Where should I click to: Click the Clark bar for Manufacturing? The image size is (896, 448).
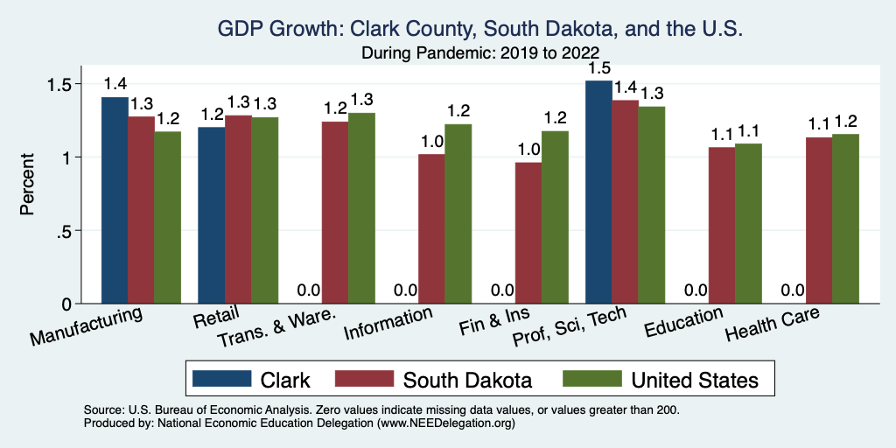pyautogui.click(x=115, y=200)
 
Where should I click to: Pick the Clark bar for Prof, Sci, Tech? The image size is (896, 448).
pyautogui.click(x=598, y=192)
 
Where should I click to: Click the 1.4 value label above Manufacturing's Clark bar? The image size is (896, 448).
pyautogui.click(x=115, y=85)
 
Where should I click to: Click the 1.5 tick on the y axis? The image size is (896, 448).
pyautogui.click(x=63, y=84)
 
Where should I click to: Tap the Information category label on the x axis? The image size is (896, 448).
pyautogui.click(x=388, y=324)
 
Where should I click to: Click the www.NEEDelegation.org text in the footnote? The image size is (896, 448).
pyautogui.click(x=445, y=423)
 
